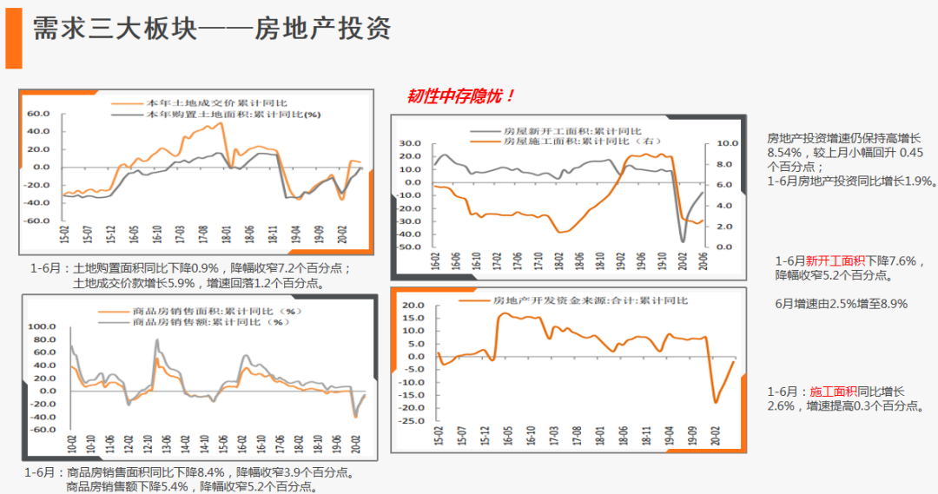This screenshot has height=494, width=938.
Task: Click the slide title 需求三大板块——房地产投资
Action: tap(212, 29)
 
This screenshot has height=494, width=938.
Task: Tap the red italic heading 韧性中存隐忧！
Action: tap(461, 96)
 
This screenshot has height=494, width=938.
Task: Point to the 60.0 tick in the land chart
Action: tap(39, 114)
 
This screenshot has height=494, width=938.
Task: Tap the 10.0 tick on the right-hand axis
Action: tap(728, 143)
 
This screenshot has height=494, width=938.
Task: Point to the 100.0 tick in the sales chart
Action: tap(42, 326)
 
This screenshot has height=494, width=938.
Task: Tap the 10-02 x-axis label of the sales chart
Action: tap(72, 445)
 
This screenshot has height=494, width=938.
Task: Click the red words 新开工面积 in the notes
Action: tap(836, 260)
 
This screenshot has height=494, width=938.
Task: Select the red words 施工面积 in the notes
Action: tap(833, 392)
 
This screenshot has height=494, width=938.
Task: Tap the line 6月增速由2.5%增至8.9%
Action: tap(841, 304)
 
